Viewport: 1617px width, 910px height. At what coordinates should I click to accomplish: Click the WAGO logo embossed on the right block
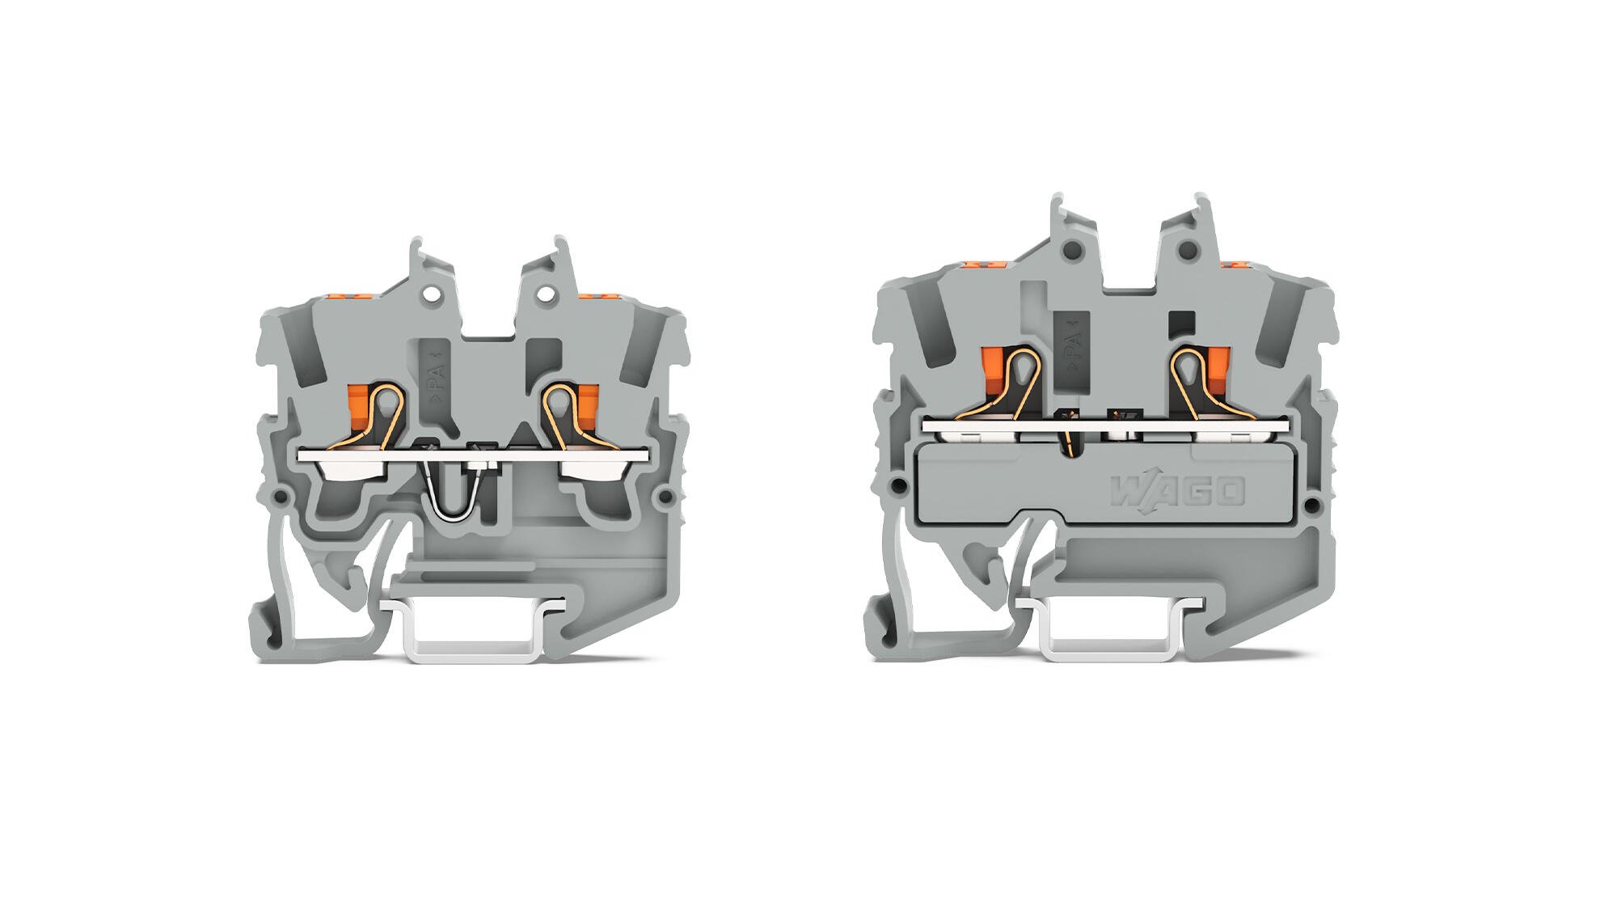click(1177, 491)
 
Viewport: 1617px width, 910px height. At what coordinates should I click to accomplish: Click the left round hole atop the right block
click(1073, 250)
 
